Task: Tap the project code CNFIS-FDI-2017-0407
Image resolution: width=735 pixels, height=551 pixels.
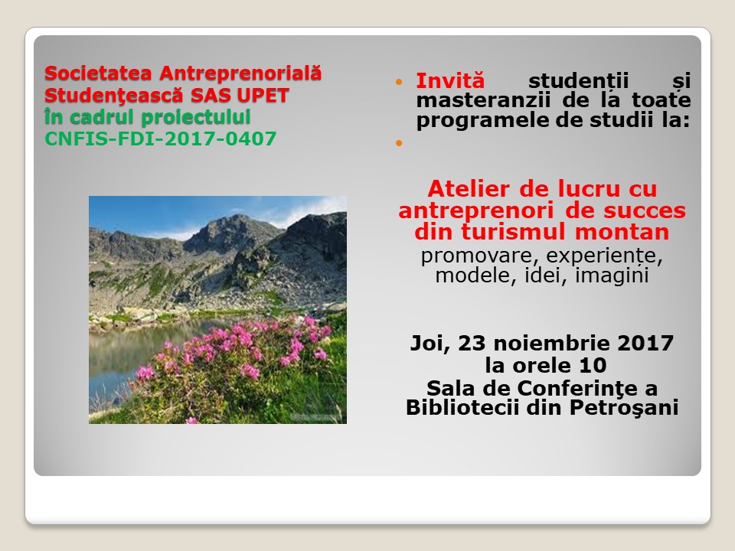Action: [x=160, y=139]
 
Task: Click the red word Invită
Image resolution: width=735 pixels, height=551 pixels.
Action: [x=450, y=80]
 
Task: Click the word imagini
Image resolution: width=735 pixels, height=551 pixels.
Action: [x=612, y=276]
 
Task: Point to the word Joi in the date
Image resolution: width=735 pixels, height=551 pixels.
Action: [x=430, y=344]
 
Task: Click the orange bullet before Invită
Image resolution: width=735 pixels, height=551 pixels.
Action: [x=399, y=82]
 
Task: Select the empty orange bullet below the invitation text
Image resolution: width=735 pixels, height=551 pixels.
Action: [x=399, y=143]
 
